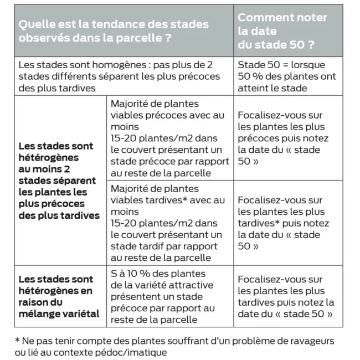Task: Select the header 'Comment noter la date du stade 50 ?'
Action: pos(282,31)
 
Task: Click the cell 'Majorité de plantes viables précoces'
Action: pos(169,138)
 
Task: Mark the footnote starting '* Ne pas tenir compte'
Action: pos(174,346)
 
